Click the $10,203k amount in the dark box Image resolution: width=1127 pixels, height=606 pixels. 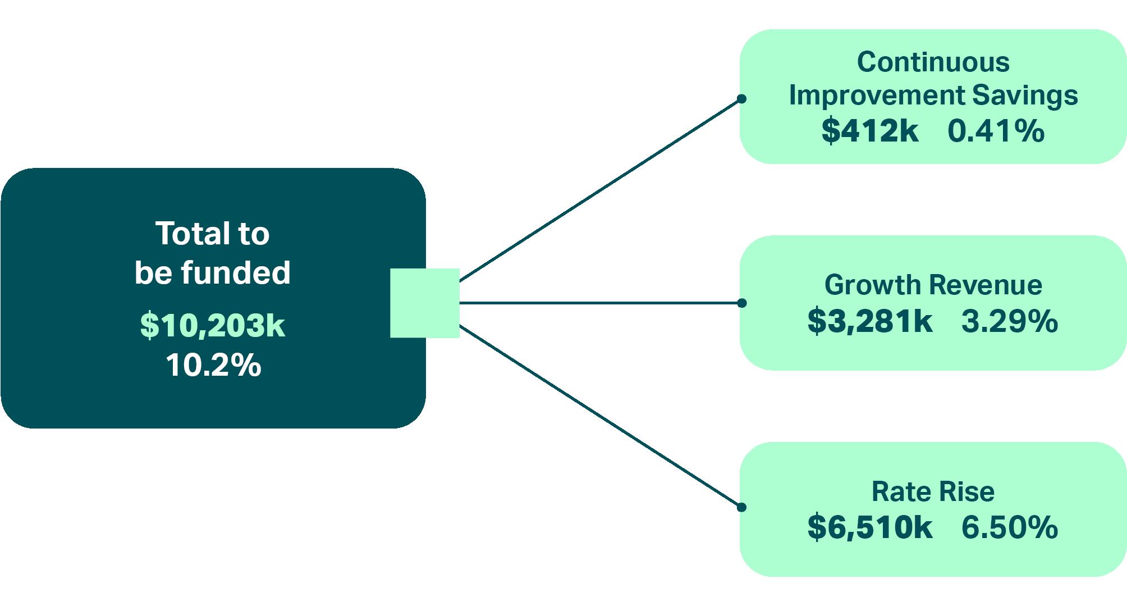pos(213,325)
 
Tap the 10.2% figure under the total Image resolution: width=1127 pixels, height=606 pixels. pos(213,365)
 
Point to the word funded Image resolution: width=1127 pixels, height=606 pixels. pos(235,273)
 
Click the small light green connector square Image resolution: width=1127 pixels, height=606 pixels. pos(424,303)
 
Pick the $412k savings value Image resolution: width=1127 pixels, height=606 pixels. pos(870,131)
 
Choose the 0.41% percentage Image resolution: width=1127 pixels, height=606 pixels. pos(996,131)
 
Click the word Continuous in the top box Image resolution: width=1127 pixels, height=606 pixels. pos(933,62)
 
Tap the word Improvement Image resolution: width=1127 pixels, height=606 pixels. pos(876,95)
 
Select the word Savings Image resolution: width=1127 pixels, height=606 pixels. pos(1025,95)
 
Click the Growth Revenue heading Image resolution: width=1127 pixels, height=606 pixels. pos(933,285)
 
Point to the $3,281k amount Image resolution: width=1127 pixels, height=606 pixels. pos(870,321)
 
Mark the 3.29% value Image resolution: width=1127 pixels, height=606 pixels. pos(1009,321)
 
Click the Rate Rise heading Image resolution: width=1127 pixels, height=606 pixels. pos(933,491)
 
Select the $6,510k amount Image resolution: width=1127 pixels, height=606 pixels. pos(870,527)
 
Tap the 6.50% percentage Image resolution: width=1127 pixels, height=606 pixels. pos(1009,527)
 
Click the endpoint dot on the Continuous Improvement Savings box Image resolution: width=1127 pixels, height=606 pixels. pos(741,99)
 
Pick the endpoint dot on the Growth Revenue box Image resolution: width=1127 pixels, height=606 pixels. pos(741,303)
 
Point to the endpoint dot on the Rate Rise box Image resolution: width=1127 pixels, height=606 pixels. pos(741,507)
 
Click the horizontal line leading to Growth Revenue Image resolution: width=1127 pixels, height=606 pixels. pos(601,303)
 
